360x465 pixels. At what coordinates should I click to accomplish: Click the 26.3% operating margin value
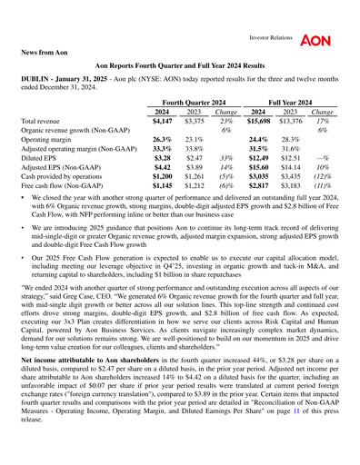(x=162, y=143)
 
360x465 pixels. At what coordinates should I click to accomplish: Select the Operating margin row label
(x=51, y=143)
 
